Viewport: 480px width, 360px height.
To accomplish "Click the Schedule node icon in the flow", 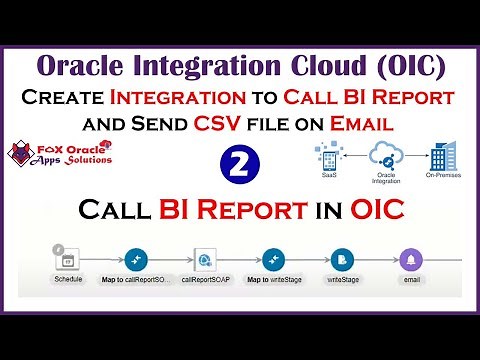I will pyautogui.click(x=67, y=259).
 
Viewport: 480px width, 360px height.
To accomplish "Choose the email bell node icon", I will pyautogui.click(x=411, y=259).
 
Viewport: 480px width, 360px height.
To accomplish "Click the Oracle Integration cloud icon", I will pyautogui.click(x=382, y=154).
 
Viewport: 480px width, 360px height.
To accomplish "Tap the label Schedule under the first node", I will pyautogui.click(x=67, y=281).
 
